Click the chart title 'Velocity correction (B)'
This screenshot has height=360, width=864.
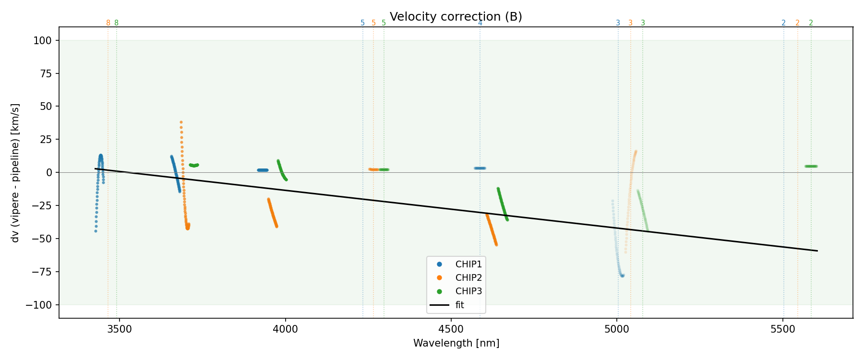(x=456, y=17)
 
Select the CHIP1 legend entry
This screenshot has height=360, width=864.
(x=468, y=264)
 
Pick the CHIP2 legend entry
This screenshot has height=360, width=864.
(x=468, y=278)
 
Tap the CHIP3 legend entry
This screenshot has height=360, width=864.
(x=468, y=291)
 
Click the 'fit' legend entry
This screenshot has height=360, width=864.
(x=459, y=305)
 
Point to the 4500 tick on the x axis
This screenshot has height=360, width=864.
(x=451, y=329)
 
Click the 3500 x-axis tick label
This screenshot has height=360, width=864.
(x=119, y=329)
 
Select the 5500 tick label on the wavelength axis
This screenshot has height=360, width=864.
(x=783, y=329)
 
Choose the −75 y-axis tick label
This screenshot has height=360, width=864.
(x=42, y=272)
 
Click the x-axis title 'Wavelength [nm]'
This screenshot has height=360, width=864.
(x=456, y=343)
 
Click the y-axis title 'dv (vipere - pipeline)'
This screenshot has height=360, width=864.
(x=15, y=173)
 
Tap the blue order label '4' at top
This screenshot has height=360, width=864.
(x=480, y=23)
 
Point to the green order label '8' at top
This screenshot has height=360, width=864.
(x=116, y=23)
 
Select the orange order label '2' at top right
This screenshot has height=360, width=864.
(x=797, y=23)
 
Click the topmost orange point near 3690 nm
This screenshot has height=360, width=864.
(x=181, y=122)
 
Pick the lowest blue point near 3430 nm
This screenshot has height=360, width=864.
(x=96, y=231)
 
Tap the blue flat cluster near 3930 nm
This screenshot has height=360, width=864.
(x=263, y=170)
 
